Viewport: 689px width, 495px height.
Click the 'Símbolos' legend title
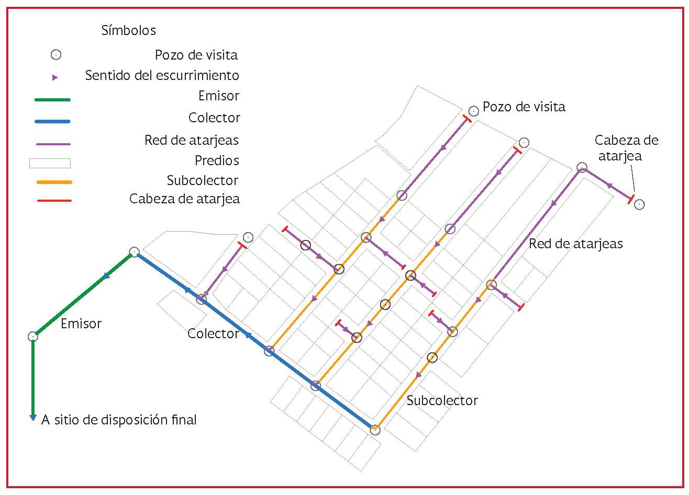coord(129,30)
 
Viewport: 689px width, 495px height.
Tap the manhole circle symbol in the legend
coord(56,55)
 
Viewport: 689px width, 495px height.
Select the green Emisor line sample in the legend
coord(52,100)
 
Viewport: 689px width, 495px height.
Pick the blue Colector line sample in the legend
coord(52,122)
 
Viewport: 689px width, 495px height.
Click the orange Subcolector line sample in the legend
coord(54,182)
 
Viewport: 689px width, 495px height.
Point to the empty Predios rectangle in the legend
coord(50,163)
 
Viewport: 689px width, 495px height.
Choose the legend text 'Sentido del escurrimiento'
coord(162,76)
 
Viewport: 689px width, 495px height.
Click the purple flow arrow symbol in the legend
coord(55,77)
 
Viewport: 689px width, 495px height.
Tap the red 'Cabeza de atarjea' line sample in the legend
coord(54,201)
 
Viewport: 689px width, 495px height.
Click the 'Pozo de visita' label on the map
coord(524,107)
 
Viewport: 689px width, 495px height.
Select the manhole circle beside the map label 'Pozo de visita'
coord(473,111)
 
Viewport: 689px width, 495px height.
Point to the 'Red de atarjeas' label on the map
coord(575,244)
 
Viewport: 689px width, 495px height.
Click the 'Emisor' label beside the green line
coord(81,324)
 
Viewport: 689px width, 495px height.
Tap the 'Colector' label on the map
coord(213,333)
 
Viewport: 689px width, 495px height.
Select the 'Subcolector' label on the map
coord(442,400)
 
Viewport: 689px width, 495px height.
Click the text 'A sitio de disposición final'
coord(119,420)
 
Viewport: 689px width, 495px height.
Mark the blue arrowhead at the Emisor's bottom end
coord(33,418)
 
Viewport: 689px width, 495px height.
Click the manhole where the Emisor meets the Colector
coord(134,252)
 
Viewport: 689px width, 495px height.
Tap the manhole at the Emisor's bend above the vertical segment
coord(33,336)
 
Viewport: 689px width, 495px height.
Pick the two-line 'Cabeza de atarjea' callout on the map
coord(626,148)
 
